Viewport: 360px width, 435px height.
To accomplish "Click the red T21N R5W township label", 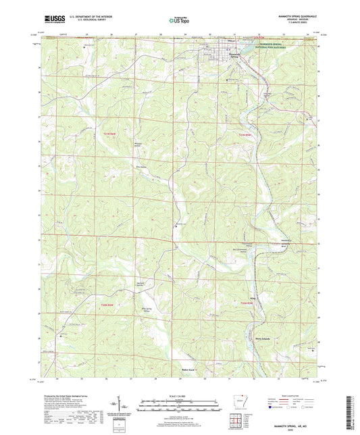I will [246, 136].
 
